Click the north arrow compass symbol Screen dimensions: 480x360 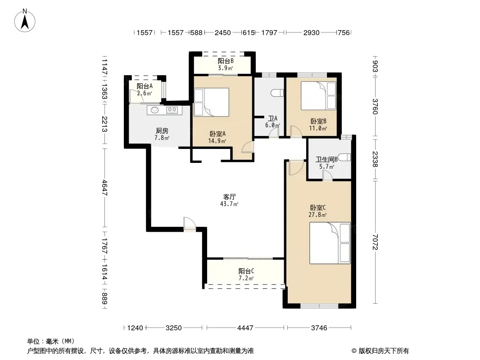click(x=25, y=21)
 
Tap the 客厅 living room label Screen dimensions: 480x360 click(x=229, y=197)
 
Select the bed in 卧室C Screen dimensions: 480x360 click(x=330, y=243)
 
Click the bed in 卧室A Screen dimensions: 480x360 click(x=212, y=102)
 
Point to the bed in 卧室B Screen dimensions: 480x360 click(x=318, y=95)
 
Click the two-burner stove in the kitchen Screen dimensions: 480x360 click(x=172, y=109)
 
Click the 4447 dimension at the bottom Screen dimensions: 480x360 click(x=245, y=328)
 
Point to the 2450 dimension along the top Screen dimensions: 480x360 click(x=222, y=33)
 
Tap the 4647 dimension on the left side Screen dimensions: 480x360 click(x=104, y=188)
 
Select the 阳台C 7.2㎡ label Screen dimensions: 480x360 click(x=246, y=274)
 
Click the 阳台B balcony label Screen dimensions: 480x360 click(x=226, y=61)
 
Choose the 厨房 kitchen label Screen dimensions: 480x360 click(x=162, y=131)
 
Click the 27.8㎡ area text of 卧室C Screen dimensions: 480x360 click(x=317, y=215)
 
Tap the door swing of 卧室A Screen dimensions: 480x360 click(x=248, y=147)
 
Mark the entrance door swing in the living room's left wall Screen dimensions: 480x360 click(x=190, y=224)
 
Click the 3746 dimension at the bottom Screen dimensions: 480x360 click(x=319, y=328)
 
